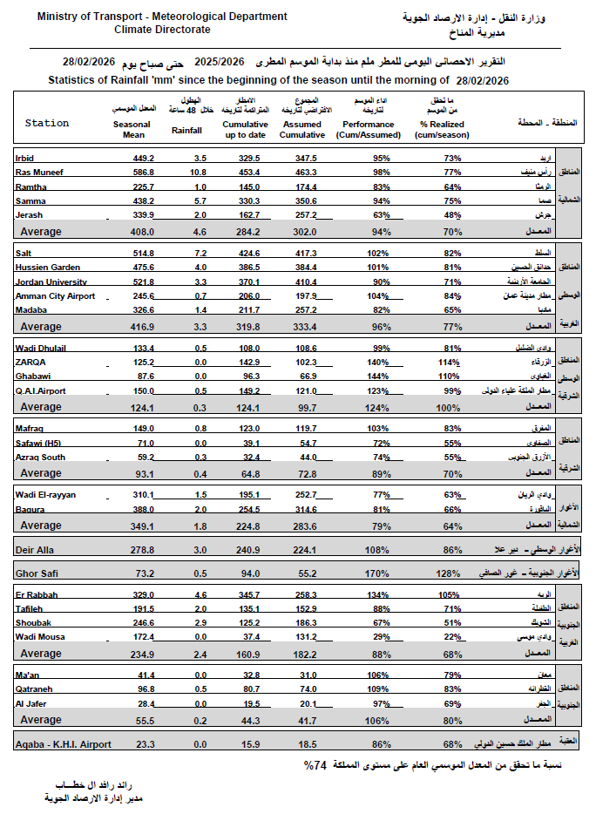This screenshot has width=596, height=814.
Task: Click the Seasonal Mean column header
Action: click(x=132, y=129)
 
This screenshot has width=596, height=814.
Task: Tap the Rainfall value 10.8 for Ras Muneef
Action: click(x=200, y=173)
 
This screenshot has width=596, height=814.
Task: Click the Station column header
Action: click(x=47, y=124)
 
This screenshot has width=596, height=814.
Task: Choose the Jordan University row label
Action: click(x=51, y=282)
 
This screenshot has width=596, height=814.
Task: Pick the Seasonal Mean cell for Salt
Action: click(x=142, y=252)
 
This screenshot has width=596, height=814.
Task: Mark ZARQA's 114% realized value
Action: click(x=449, y=362)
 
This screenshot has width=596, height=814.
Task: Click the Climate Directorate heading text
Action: click(x=162, y=29)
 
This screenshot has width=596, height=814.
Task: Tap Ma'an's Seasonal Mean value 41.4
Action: click(x=144, y=675)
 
